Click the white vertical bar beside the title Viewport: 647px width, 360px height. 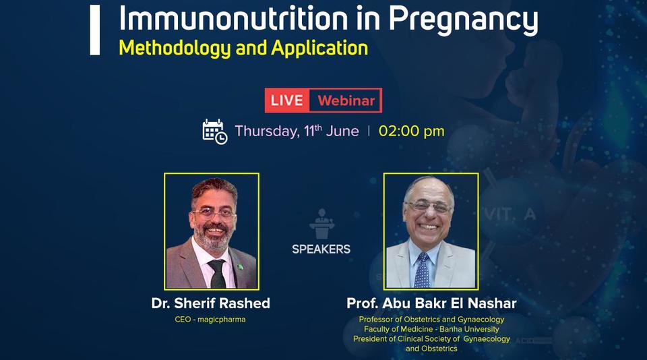click(x=95, y=30)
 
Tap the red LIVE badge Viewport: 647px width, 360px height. click(x=287, y=101)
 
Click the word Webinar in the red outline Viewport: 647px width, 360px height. click(x=346, y=101)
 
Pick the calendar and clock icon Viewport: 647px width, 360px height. click(x=214, y=131)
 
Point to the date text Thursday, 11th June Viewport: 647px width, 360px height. click(x=297, y=131)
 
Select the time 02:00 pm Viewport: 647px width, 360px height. click(x=411, y=131)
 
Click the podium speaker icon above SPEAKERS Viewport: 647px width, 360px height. click(x=321, y=224)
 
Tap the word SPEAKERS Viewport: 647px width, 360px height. click(x=321, y=249)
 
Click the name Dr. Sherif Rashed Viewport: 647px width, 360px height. click(x=211, y=303)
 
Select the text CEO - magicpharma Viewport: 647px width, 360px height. click(x=210, y=320)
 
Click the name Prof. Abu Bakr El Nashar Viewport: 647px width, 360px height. click(x=431, y=303)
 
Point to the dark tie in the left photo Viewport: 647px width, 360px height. click(x=217, y=273)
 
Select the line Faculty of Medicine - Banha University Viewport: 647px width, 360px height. click(x=431, y=329)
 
